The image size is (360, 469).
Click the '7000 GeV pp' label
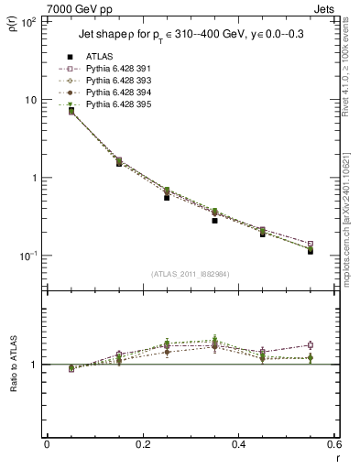click(77, 7)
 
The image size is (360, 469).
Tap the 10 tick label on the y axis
click(31, 100)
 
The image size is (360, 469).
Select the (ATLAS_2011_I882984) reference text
click(190, 275)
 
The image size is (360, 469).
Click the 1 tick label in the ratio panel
click(37, 365)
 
